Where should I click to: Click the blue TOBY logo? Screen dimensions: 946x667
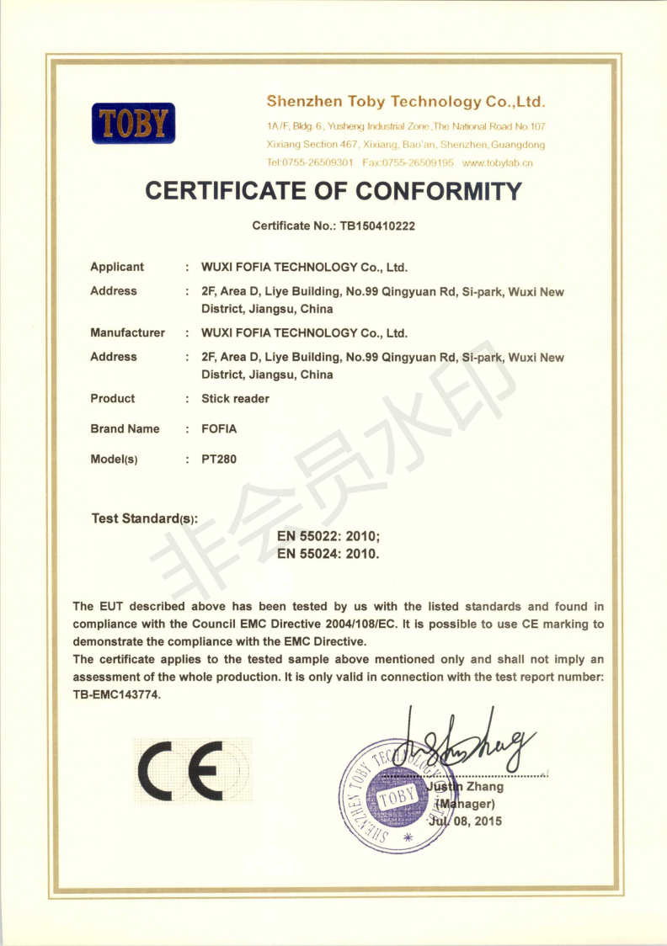click(x=133, y=123)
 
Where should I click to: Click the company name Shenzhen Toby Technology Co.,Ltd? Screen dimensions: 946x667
click(x=406, y=102)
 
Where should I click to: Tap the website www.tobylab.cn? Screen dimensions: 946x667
click(x=498, y=162)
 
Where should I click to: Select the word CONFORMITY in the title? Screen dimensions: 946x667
click(x=439, y=191)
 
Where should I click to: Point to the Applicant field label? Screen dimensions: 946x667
click(x=117, y=267)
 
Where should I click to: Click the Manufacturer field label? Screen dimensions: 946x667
click(x=127, y=332)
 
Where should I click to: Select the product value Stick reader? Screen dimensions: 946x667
click(x=235, y=399)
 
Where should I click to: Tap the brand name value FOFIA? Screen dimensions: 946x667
click(x=219, y=429)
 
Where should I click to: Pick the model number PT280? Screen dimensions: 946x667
click(x=219, y=460)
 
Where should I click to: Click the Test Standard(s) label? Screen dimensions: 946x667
click(x=144, y=518)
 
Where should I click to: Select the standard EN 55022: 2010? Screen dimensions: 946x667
click(x=328, y=536)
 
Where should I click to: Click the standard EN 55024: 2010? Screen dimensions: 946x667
click(x=328, y=554)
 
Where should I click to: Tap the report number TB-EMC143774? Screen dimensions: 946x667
click(x=116, y=695)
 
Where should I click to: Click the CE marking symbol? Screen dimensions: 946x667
click(x=192, y=771)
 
